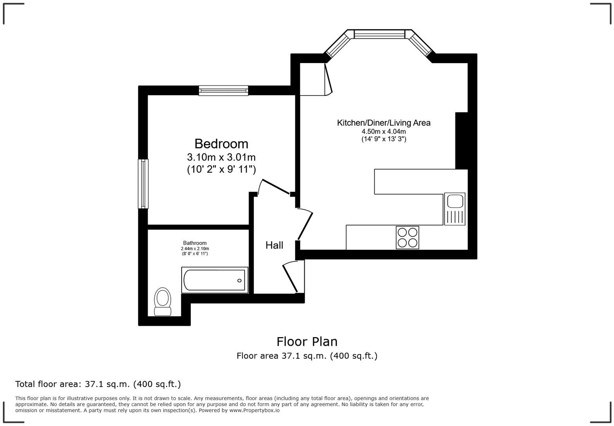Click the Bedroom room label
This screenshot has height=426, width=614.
[x=221, y=144]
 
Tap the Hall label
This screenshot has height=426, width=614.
[x=274, y=245]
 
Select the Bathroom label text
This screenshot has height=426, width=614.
[x=195, y=243]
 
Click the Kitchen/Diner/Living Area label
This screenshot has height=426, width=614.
[x=384, y=123]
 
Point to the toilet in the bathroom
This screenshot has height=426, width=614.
[x=163, y=301]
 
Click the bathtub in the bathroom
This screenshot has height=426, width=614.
[x=215, y=280]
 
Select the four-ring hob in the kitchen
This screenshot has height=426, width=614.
[x=407, y=237]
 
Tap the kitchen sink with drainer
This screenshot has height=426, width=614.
[x=455, y=209]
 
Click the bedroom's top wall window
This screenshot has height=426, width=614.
[x=223, y=90]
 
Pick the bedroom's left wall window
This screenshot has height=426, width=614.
[x=143, y=184]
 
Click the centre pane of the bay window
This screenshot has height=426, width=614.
[x=379, y=34]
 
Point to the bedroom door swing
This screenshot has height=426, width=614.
[x=275, y=186]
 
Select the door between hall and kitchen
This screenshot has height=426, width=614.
[x=305, y=225]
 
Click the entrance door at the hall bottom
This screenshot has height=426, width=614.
[x=291, y=278]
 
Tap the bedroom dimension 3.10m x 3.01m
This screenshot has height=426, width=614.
[x=221, y=157]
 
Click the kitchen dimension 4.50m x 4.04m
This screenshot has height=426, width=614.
[x=384, y=132]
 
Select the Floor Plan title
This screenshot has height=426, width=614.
[x=307, y=341]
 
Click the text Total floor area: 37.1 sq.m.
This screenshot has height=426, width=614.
[x=98, y=384]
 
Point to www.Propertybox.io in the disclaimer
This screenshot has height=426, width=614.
[x=254, y=410]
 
